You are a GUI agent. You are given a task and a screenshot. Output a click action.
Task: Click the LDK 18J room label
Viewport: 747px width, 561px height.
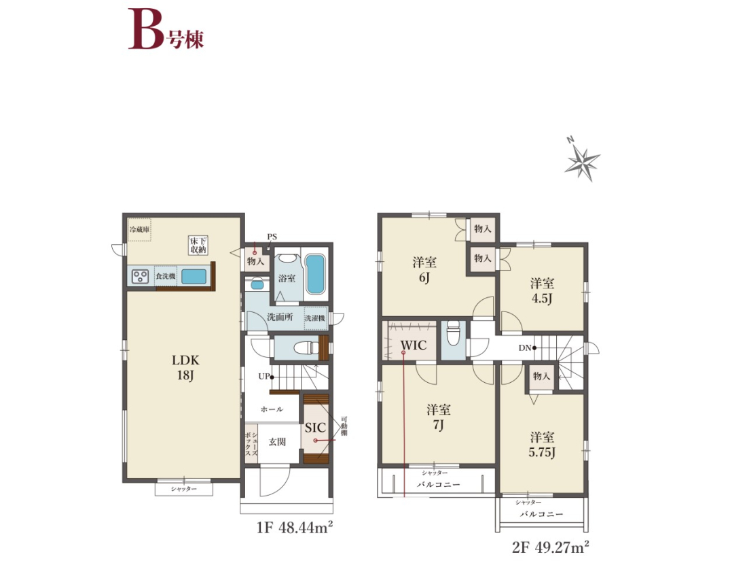click(x=185, y=368)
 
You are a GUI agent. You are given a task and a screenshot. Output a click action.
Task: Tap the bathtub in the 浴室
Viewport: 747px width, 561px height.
click(x=315, y=274)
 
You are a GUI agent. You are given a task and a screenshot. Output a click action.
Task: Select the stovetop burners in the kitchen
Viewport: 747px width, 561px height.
click(x=141, y=276)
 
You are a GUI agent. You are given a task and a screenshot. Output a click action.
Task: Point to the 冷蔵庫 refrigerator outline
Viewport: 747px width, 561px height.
click(x=139, y=229)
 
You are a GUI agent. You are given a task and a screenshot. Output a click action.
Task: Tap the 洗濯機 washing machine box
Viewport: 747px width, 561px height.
click(x=315, y=318)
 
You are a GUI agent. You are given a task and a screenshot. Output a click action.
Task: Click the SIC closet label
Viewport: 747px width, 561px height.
click(x=315, y=428)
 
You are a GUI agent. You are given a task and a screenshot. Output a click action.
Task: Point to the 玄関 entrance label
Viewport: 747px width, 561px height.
click(x=277, y=442)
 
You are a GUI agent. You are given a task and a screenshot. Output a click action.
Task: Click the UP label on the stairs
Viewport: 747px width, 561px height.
click(x=264, y=377)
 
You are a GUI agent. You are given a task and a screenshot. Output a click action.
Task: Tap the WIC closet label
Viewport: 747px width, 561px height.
click(x=413, y=345)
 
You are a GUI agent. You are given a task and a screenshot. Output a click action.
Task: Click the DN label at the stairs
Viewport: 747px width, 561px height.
click(x=524, y=347)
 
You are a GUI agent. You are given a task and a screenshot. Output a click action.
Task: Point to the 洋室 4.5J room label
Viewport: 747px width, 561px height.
click(x=542, y=290)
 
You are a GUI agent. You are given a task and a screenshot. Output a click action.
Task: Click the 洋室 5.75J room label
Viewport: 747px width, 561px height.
click(x=542, y=445)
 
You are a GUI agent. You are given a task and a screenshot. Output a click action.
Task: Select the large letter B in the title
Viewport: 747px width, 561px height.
click(x=146, y=29)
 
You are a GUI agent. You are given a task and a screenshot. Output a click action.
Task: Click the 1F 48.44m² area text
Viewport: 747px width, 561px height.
click(x=295, y=528)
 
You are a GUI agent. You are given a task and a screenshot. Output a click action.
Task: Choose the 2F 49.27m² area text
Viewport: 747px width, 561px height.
click(x=551, y=547)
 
